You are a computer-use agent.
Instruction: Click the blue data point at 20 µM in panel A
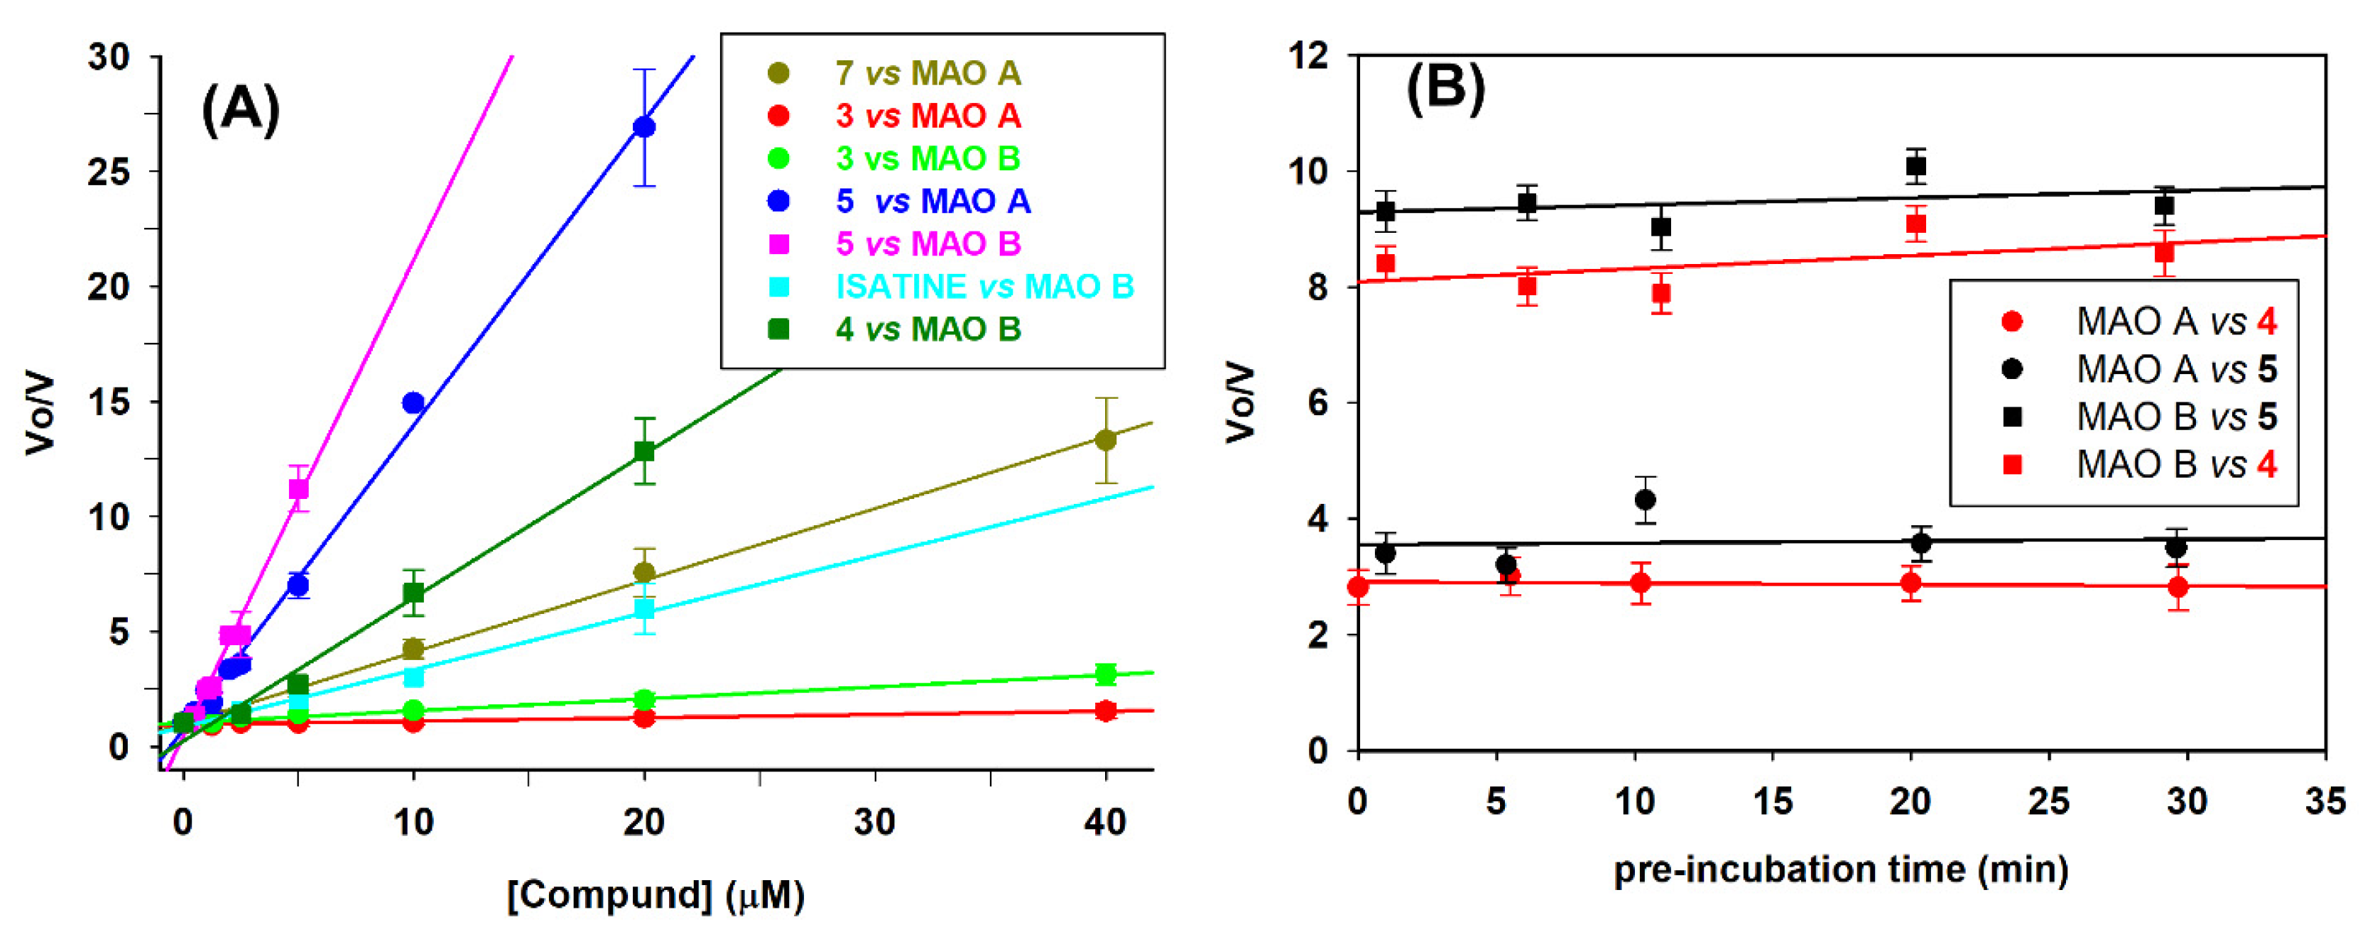coord(644,126)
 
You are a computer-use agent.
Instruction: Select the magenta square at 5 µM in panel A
coord(298,488)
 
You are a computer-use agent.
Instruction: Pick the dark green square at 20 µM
coord(644,451)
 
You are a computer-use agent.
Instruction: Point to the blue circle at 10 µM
coord(413,403)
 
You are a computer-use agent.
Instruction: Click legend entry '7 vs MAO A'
coord(928,72)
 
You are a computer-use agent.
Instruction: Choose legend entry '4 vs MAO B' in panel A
coord(928,329)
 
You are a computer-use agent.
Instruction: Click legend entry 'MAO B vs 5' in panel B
coord(2176,417)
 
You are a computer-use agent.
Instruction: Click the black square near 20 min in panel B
coord(1915,166)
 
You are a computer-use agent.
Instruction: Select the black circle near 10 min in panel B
coord(1646,500)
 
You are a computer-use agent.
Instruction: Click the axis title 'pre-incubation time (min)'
coord(1840,868)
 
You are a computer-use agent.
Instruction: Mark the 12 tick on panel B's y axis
coord(1307,56)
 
